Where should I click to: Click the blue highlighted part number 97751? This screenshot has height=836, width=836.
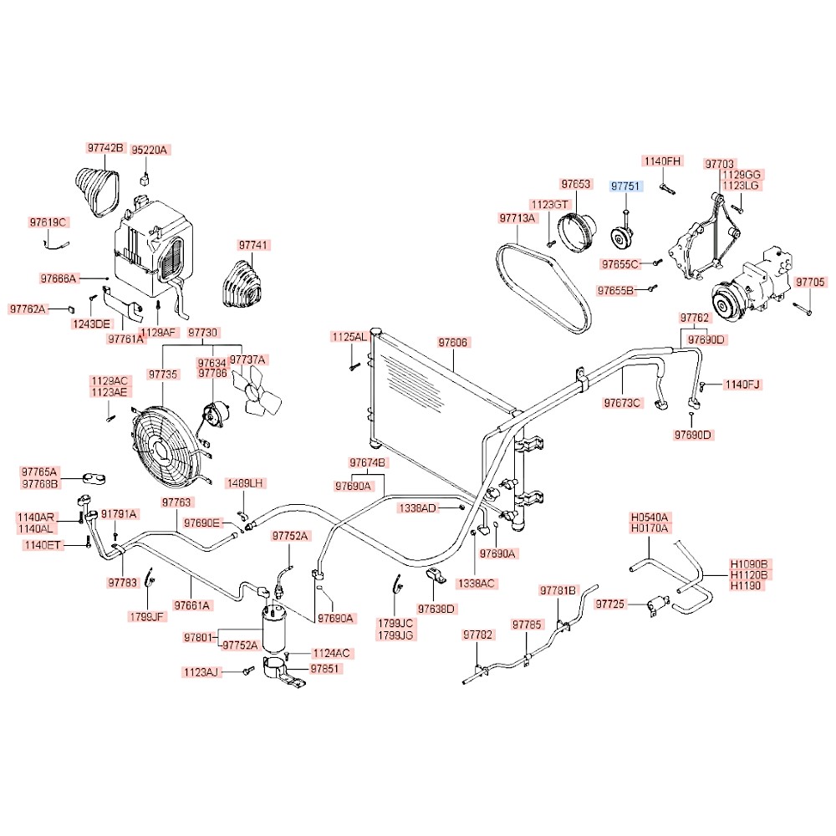626,186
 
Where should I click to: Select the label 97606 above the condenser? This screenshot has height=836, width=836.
453,343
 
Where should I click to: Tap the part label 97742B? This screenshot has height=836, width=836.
105,148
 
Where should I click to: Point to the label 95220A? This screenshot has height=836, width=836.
152,150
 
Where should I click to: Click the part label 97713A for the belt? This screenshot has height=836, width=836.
517,218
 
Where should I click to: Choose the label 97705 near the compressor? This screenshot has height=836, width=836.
810,282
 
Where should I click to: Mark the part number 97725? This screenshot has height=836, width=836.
610,604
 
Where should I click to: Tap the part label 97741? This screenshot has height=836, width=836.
254,246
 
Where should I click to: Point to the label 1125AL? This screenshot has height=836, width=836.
349,337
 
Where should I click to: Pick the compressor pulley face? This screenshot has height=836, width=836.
725,298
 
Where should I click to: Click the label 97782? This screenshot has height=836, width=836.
477,635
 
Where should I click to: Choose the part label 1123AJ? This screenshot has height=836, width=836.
200,671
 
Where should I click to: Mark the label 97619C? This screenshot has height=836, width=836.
48,222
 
